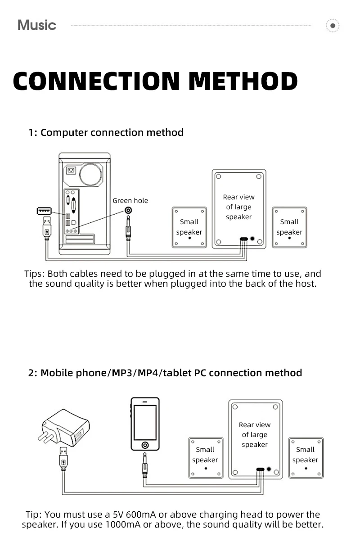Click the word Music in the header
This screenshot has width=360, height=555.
pos(37,25)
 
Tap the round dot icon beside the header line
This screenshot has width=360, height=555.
pos(333,26)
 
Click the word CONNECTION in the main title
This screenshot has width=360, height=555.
pos(96,81)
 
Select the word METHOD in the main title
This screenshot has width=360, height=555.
pos(243,81)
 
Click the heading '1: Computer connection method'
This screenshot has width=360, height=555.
pos(106,133)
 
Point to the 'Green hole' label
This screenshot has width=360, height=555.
pos(130,201)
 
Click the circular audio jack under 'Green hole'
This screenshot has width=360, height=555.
pos(129,211)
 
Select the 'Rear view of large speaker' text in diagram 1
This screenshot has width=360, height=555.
pos(238,207)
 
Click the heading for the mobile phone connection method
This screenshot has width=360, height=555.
pos(165,373)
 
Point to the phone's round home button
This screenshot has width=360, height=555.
pos(145,445)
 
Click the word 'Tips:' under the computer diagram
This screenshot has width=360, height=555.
pos(35,274)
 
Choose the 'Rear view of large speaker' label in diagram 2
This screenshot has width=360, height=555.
pos(255,435)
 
